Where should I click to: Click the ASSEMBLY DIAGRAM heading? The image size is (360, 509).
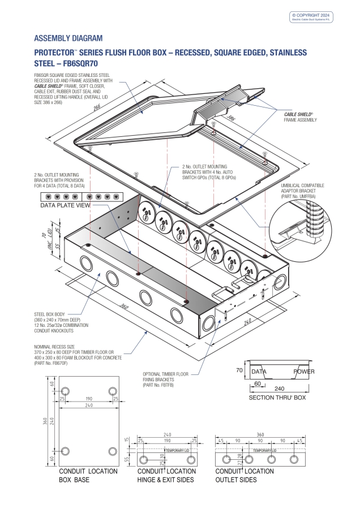pos(68,38)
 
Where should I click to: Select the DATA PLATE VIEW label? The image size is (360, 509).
pos(65,206)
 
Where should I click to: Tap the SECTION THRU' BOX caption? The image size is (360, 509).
pos(277,398)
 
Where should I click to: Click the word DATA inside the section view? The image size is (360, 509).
pos(259,372)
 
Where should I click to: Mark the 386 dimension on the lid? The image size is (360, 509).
pos(230,119)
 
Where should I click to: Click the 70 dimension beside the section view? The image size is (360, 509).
pos(239,370)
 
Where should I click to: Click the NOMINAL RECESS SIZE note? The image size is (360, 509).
pos(77,355)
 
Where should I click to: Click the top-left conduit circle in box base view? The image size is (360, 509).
pos(66,392)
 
